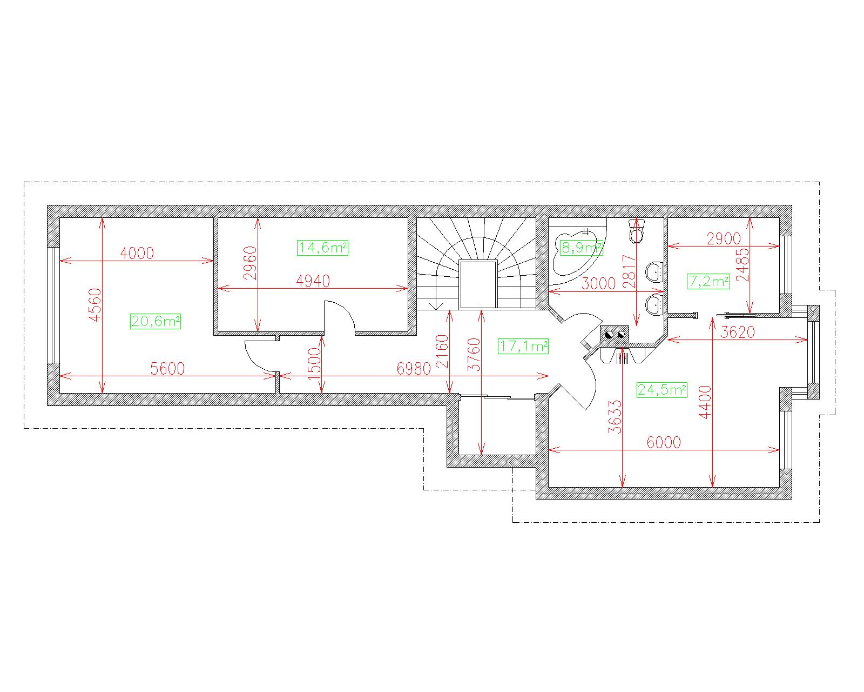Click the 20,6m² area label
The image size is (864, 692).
click(x=156, y=321)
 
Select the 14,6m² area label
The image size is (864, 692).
click(x=322, y=248)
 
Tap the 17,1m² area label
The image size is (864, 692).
click(x=523, y=346)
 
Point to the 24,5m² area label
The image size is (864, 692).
click(x=662, y=390)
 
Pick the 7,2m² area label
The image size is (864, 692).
click(x=708, y=282)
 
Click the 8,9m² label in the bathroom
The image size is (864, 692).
click(x=582, y=248)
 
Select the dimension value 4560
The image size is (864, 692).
click(x=95, y=305)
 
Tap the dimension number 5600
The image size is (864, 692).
click(x=167, y=369)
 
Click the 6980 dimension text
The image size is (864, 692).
click(x=414, y=369)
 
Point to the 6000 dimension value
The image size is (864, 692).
click(x=664, y=443)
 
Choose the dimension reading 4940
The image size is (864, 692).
click(x=313, y=281)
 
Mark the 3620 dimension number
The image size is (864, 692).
click(x=738, y=332)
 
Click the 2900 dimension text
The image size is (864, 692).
click(x=724, y=239)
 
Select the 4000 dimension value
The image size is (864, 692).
click(x=137, y=254)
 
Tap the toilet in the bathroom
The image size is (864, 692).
click(x=636, y=231)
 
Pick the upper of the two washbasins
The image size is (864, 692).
click(x=655, y=272)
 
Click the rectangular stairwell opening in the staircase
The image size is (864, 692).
click(x=478, y=284)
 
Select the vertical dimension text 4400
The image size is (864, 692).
click(x=705, y=402)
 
